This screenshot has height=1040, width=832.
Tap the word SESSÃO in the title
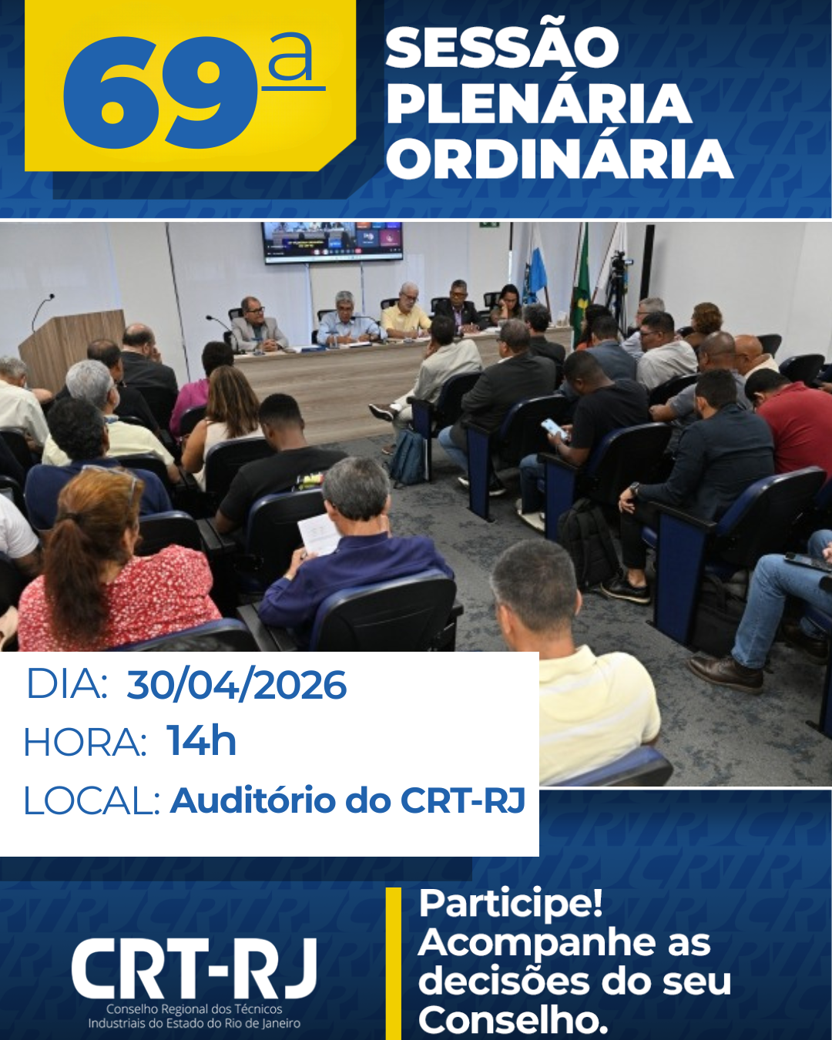[x=502, y=48]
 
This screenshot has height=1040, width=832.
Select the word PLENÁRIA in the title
[x=538, y=104]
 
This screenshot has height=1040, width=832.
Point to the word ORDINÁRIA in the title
[x=559, y=159]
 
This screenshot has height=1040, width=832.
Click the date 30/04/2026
[x=237, y=685]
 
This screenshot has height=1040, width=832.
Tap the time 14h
[x=201, y=741]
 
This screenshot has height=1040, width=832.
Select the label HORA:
[x=85, y=743]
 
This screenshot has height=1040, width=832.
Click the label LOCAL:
[x=91, y=801]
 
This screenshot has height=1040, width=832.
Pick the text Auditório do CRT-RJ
[x=347, y=800]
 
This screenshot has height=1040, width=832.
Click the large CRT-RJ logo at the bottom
[x=194, y=969]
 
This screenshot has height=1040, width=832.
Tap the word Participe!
[x=510, y=904]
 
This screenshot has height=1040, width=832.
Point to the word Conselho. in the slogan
[x=513, y=1021]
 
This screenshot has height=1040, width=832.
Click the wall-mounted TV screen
[x=332, y=242]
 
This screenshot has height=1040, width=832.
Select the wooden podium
[x=72, y=347]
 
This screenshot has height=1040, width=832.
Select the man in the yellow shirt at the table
[x=405, y=312]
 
